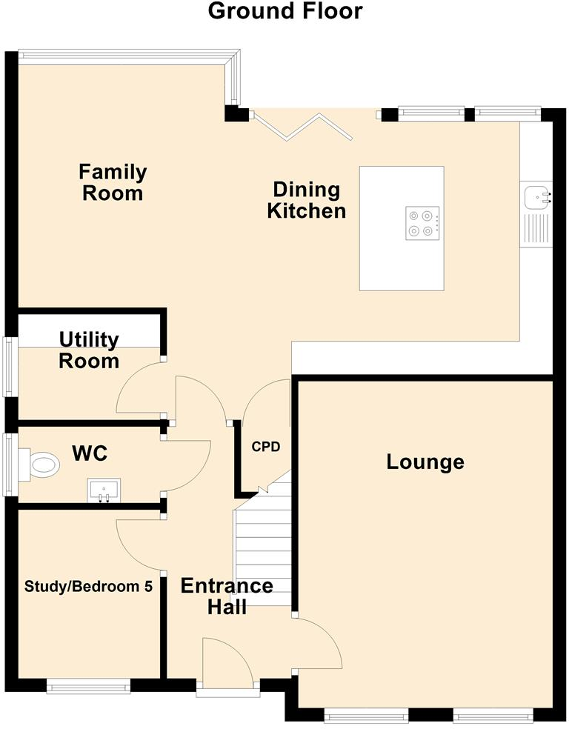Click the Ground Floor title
point(285,11)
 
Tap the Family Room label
point(113,182)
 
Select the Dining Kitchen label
point(306,200)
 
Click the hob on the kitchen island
point(422,223)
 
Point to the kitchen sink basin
point(537,197)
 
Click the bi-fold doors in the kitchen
point(302,125)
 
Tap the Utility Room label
point(89,350)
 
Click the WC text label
point(90,453)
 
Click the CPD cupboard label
point(266,447)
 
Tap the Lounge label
point(425,462)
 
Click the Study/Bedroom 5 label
point(88,586)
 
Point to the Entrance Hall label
point(227,596)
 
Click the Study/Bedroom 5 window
point(88,686)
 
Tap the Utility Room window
point(10,367)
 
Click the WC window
point(10,465)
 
